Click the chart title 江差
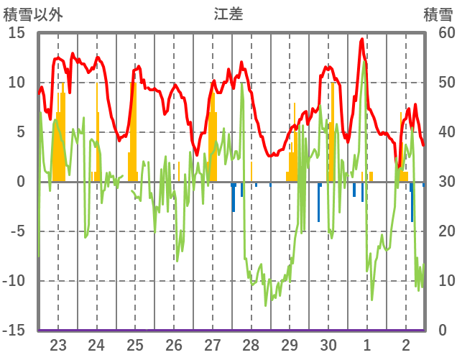point(228,14)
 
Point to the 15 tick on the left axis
point(17,32)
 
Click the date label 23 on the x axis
point(58,344)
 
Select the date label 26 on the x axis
point(174,344)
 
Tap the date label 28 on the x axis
point(251,344)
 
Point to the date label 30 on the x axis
point(328,344)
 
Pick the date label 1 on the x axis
point(367,344)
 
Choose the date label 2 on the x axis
point(406,344)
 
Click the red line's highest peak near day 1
point(361,40)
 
